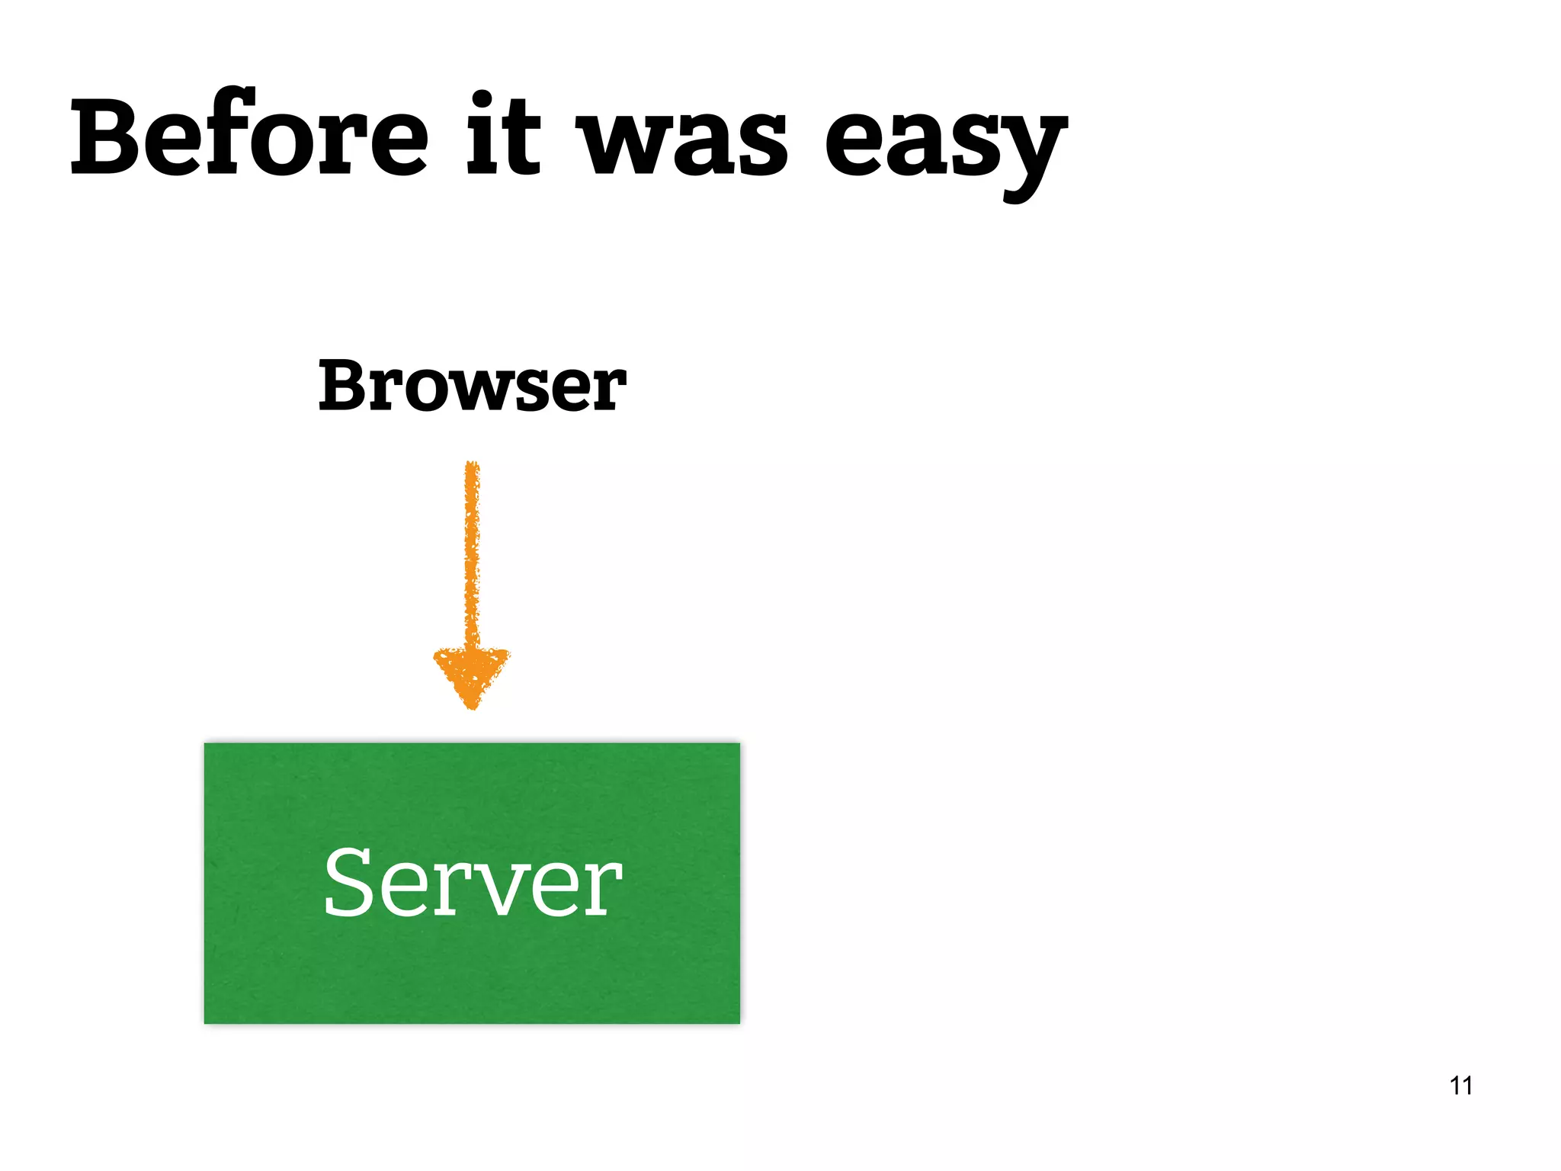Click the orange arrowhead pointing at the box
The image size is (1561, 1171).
pos(472,675)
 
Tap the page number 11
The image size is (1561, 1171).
pos(1460,1085)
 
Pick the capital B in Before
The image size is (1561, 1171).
pos(107,137)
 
